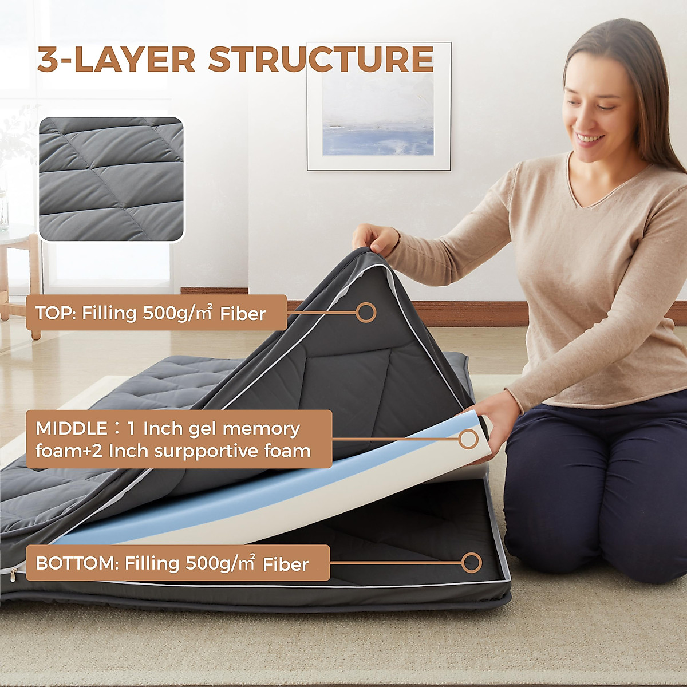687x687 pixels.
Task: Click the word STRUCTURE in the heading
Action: [x=321, y=60]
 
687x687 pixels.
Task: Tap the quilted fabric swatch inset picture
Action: [x=111, y=179]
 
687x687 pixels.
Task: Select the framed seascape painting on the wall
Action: [x=378, y=106]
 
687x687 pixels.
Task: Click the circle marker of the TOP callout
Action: [x=366, y=313]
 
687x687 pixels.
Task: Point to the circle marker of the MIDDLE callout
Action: [x=468, y=439]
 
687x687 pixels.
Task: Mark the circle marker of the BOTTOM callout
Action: [x=472, y=562]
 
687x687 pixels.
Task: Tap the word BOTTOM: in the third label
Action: [x=76, y=563]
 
